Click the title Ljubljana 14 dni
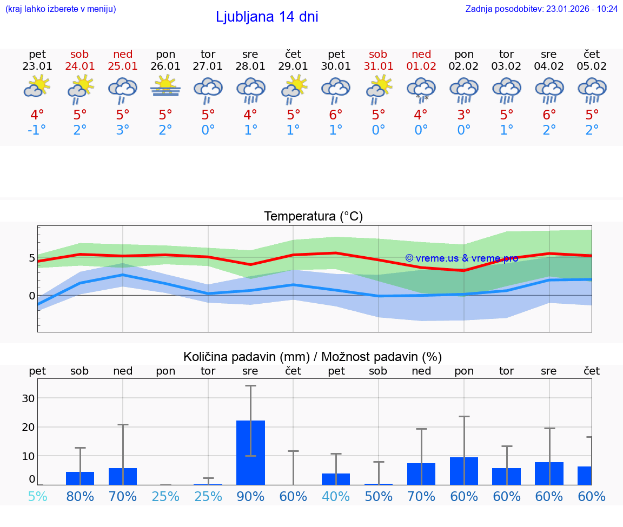tap(267, 17)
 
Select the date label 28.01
tap(250, 66)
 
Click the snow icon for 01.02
tap(421, 89)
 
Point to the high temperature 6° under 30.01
tap(336, 115)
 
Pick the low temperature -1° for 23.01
tap(37, 130)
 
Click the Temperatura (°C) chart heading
tap(313, 217)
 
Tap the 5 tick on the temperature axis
tap(32, 258)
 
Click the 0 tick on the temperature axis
tap(32, 296)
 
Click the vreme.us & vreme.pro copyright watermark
tap(461, 258)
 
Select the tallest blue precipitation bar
tap(250, 452)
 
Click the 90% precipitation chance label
tap(250, 496)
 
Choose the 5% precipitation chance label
tap(37, 496)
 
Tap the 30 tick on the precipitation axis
tap(28, 398)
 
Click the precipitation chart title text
tap(313, 357)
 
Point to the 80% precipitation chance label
tap(80, 496)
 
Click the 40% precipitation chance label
tap(336, 496)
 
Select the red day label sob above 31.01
tap(378, 55)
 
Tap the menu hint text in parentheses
tap(61, 9)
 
